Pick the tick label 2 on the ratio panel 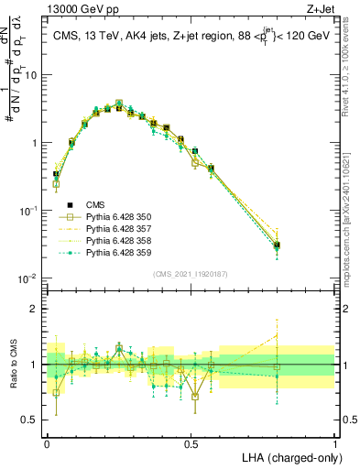click(35, 310)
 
